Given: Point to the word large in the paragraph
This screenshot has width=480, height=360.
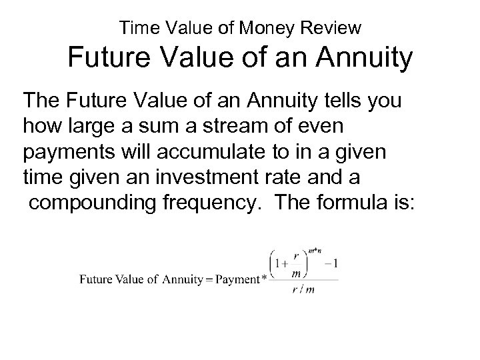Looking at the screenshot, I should pos(87,124).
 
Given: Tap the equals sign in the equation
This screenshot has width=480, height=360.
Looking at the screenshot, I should pos(208,279).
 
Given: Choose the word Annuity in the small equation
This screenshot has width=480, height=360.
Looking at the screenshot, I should pos(180,279).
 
